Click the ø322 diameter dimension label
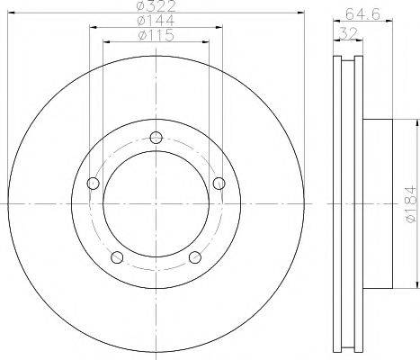[x=156, y=6]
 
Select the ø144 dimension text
[x=156, y=21]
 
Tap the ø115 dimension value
[x=156, y=35]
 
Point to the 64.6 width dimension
[x=362, y=13]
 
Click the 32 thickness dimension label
[x=349, y=33]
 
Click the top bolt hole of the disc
[x=156, y=138]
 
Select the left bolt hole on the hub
[x=93, y=183]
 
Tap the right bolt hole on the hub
[x=219, y=183]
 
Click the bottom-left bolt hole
[x=117, y=256]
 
